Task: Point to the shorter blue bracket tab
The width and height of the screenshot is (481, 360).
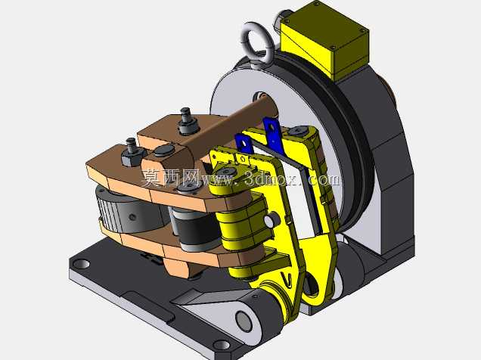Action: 244,144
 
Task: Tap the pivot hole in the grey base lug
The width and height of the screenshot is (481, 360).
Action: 244,321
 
